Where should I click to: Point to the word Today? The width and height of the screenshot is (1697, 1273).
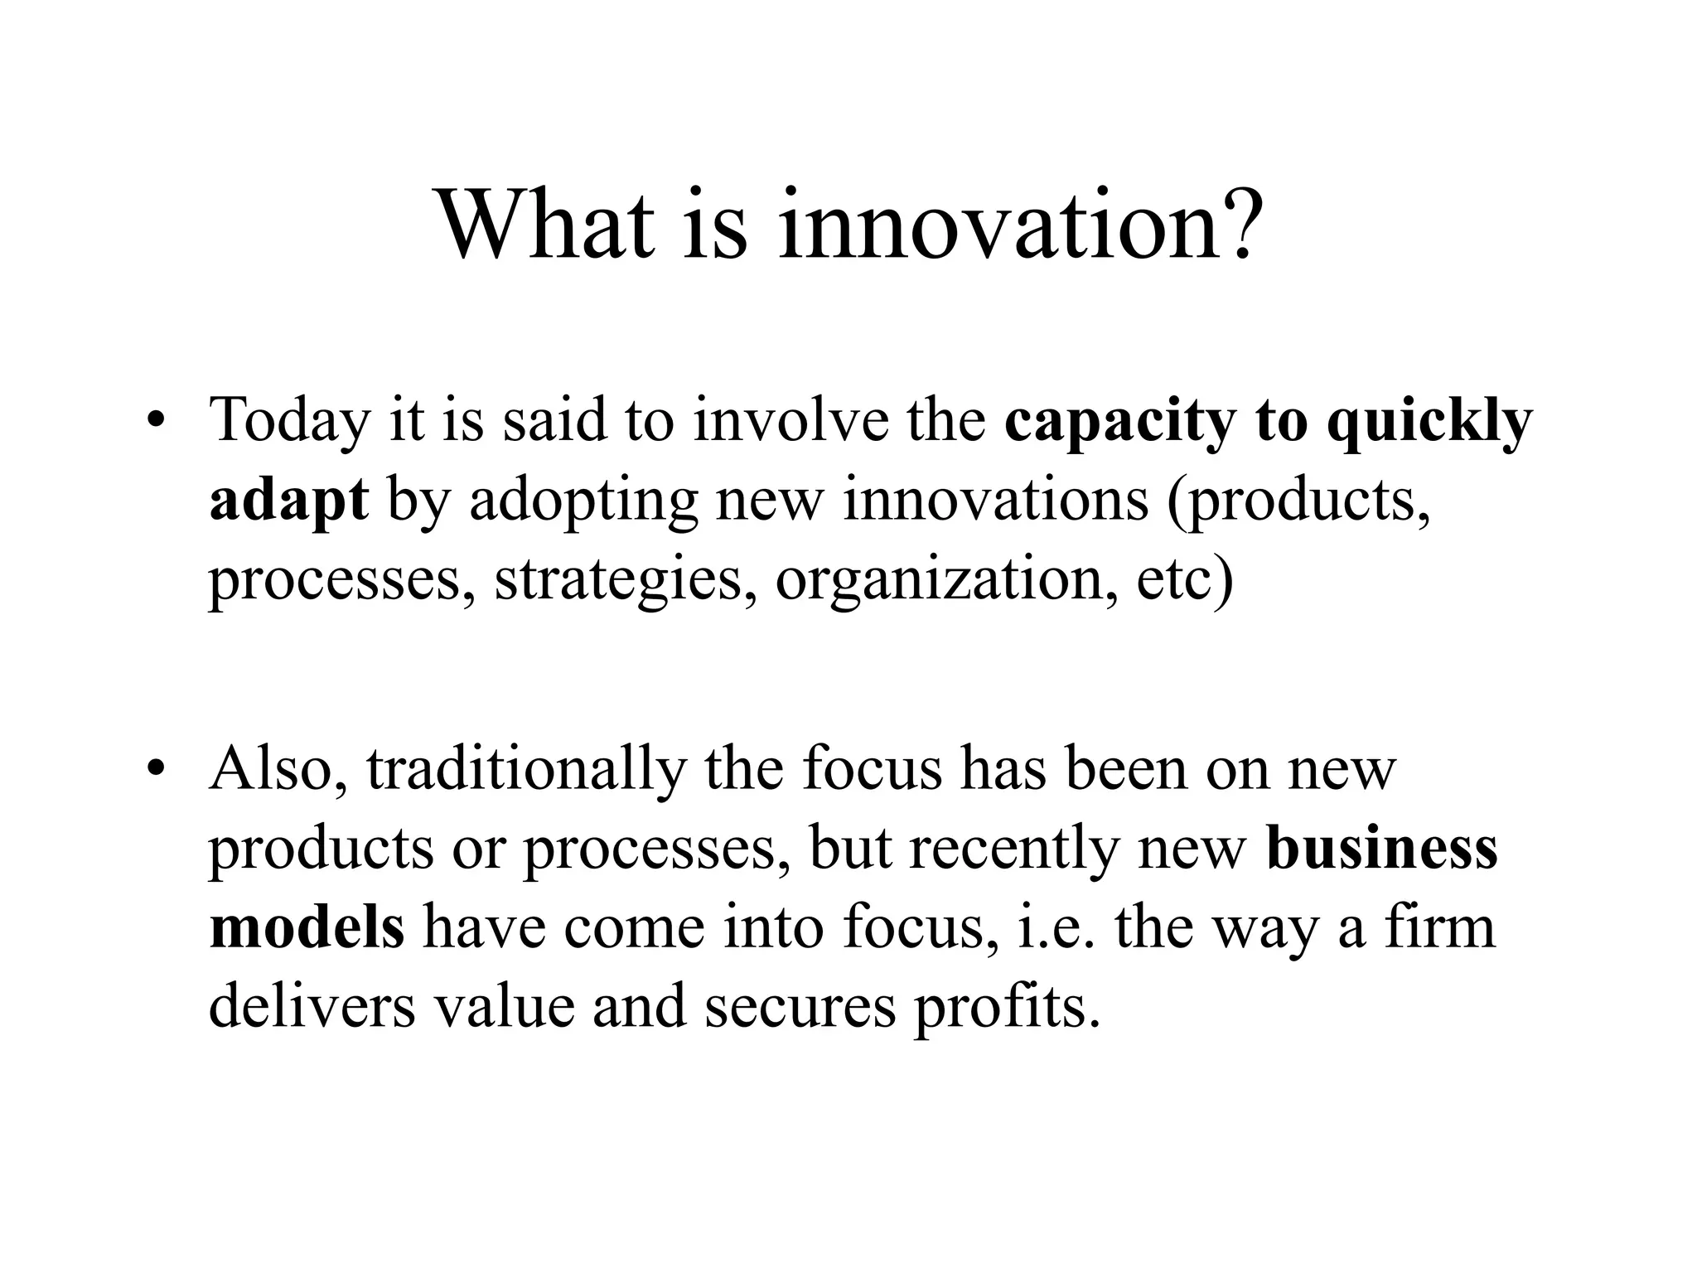pyautogui.click(x=289, y=422)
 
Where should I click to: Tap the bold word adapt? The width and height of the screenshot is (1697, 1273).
pyautogui.click(x=288, y=502)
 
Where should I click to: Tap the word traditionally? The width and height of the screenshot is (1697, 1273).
pyautogui.click(x=527, y=770)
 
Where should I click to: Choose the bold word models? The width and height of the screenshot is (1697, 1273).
pyautogui.click(x=307, y=927)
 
